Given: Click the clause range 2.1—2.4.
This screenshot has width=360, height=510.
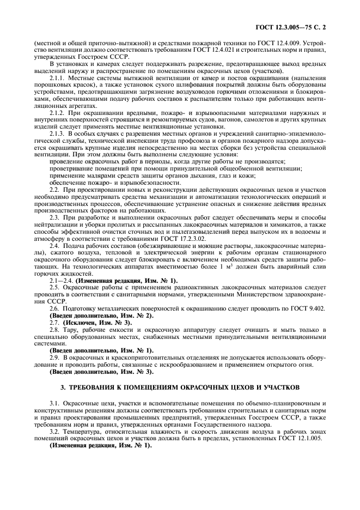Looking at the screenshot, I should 64,280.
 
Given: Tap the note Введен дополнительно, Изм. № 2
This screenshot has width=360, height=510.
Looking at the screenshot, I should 102,315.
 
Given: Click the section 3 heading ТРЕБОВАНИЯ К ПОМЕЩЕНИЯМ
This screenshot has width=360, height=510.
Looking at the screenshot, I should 180,387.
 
